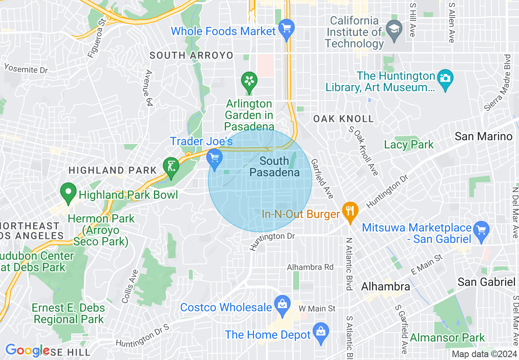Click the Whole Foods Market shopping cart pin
click(286, 29)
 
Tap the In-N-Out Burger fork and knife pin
click(350, 211)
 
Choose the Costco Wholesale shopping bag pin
click(282, 304)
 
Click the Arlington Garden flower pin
click(248, 80)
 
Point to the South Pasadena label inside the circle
click(274, 167)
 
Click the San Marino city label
click(483, 136)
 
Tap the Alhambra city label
click(385, 286)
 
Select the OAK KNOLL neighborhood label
click(343, 119)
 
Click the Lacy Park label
click(408, 144)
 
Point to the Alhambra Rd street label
click(310, 267)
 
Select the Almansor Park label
click(447, 338)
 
